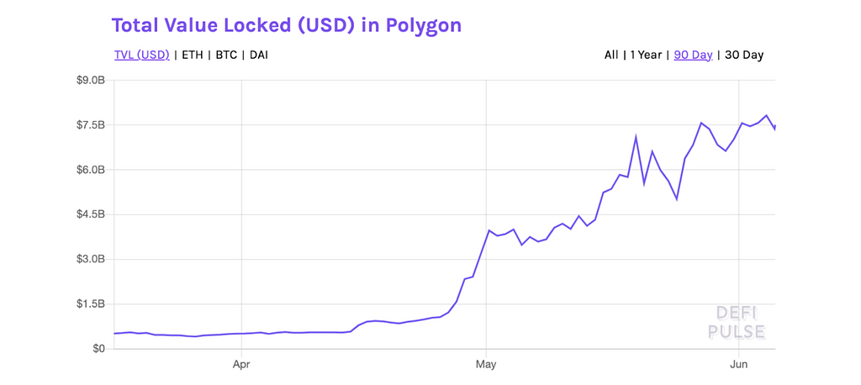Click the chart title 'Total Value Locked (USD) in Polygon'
pyautogui.click(x=286, y=25)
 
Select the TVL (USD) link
pyautogui.click(x=142, y=55)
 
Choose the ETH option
pyautogui.click(x=193, y=55)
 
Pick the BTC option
pyautogui.click(x=226, y=55)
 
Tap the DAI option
pyautogui.click(x=259, y=55)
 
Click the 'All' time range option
pyautogui.click(x=611, y=55)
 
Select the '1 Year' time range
pyautogui.click(x=646, y=55)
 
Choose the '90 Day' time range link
pyautogui.click(x=693, y=55)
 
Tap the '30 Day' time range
pyautogui.click(x=744, y=55)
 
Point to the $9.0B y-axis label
pyautogui.click(x=89, y=81)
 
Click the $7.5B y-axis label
pyautogui.click(x=89, y=125)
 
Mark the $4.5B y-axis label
pyautogui.click(x=89, y=214)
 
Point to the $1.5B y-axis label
pyautogui.click(x=89, y=303)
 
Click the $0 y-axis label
pyautogui.click(x=98, y=348)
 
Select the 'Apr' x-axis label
pyautogui.click(x=241, y=365)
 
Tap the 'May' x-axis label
pyautogui.click(x=486, y=365)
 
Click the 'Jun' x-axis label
pyautogui.click(x=738, y=365)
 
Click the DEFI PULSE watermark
pyautogui.click(x=736, y=323)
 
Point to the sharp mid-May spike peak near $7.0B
pyautogui.click(x=636, y=137)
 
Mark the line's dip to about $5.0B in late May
pyautogui.click(x=677, y=199)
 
